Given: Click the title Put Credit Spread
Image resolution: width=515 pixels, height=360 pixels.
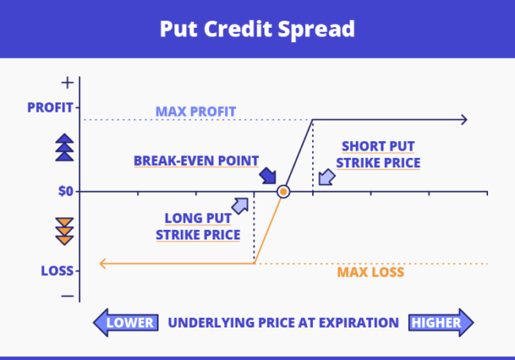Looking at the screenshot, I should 257,29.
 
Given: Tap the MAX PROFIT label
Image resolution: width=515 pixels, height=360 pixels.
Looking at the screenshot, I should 196,111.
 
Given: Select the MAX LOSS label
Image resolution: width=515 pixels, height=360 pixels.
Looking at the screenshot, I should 371,272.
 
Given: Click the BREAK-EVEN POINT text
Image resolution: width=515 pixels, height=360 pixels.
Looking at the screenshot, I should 196,160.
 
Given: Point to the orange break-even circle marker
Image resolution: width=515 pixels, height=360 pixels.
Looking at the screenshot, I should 283,191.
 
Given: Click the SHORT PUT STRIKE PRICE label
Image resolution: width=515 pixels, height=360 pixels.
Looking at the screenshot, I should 378,155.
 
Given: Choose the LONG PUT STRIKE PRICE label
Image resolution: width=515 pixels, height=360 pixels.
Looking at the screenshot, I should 198,226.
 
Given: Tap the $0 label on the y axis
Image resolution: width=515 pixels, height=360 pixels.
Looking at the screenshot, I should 64,191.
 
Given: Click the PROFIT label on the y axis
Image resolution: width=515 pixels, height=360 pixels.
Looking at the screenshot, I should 50,107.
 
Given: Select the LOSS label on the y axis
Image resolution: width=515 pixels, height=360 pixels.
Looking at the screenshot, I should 58,270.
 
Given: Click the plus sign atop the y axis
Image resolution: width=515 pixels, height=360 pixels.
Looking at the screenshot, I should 67,82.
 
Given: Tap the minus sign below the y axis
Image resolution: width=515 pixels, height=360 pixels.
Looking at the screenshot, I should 67,296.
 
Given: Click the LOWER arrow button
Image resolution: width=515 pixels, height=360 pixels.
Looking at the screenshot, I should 124,323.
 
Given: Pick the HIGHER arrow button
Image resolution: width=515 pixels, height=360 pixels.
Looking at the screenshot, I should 441,323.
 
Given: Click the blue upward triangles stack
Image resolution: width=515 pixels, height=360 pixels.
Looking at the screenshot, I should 64,147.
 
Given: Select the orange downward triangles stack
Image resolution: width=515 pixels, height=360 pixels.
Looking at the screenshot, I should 64,230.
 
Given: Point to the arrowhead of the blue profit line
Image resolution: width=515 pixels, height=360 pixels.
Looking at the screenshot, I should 463,120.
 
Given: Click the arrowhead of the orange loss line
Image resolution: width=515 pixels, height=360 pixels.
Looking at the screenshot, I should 101,263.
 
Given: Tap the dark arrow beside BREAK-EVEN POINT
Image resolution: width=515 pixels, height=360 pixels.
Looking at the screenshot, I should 268,175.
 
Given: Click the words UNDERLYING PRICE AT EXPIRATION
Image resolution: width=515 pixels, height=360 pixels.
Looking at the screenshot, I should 283,323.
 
